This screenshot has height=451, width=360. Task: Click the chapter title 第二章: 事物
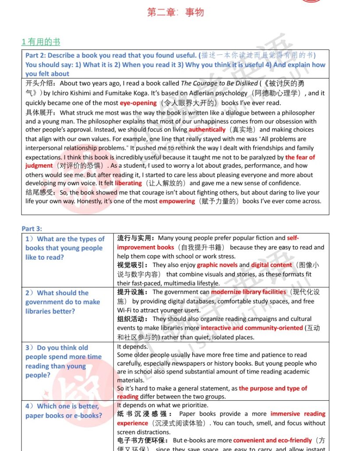click(x=175, y=12)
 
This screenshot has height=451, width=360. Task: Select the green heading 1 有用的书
click(x=41, y=42)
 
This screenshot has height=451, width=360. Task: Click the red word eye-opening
click(x=138, y=103)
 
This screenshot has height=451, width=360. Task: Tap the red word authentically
click(x=207, y=130)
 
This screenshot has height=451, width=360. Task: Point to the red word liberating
click(x=128, y=183)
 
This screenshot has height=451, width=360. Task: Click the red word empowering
click(x=177, y=201)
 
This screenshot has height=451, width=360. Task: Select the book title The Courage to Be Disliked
click(x=219, y=83)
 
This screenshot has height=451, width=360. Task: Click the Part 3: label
click(x=32, y=229)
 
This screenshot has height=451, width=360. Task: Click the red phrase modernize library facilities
click(x=249, y=292)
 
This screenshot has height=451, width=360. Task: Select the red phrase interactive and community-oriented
click(x=252, y=328)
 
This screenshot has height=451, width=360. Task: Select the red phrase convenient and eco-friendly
click(x=272, y=440)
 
